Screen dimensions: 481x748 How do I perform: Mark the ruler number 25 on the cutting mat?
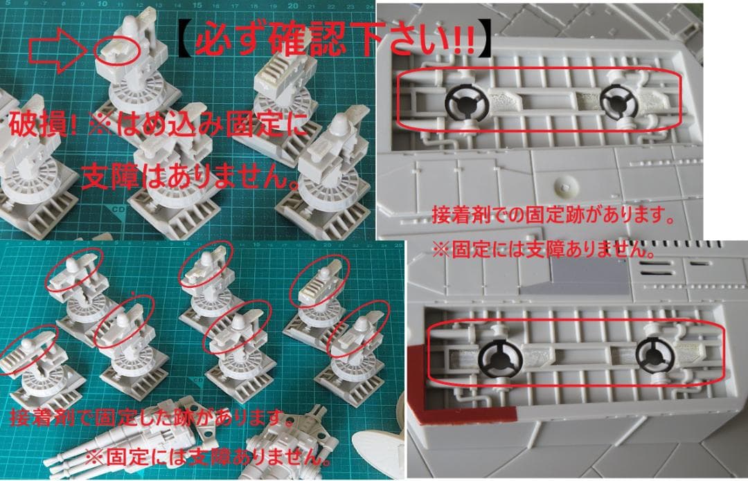[x=398, y=245]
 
